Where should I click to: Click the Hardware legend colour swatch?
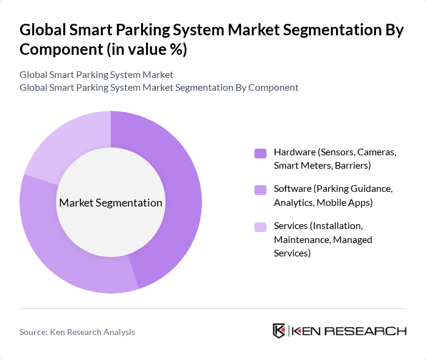260,153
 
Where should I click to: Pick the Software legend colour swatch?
260,190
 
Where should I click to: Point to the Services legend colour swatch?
260,227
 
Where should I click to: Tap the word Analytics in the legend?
295,202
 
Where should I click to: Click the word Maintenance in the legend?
301,239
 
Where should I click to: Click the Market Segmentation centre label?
111,203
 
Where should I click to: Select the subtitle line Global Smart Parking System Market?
96,74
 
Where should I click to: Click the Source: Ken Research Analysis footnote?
77,332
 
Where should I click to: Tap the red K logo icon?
279,331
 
